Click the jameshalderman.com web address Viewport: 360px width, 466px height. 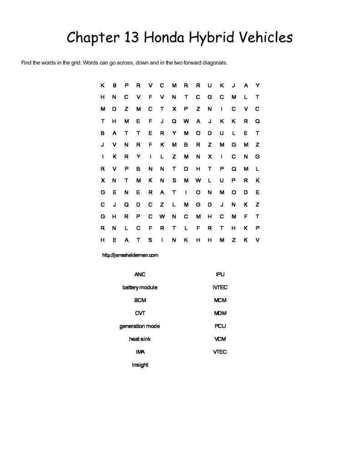click(x=131, y=255)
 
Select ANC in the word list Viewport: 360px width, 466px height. click(x=140, y=274)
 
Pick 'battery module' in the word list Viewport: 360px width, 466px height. click(x=140, y=288)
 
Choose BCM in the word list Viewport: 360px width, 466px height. click(x=140, y=300)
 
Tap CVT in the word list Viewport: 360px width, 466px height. click(x=140, y=313)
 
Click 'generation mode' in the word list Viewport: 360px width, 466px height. click(x=140, y=326)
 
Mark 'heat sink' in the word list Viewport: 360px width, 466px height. click(x=140, y=339)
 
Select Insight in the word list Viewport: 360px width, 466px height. click(x=140, y=365)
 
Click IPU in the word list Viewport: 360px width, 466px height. click(x=220, y=274)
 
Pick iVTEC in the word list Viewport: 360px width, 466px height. click(x=220, y=288)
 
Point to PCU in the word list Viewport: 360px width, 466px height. click(x=220, y=326)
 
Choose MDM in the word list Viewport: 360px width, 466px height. click(x=220, y=313)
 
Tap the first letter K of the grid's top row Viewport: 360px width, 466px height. click(x=103, y=85)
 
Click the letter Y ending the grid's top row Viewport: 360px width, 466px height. click(x=258, y=85)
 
